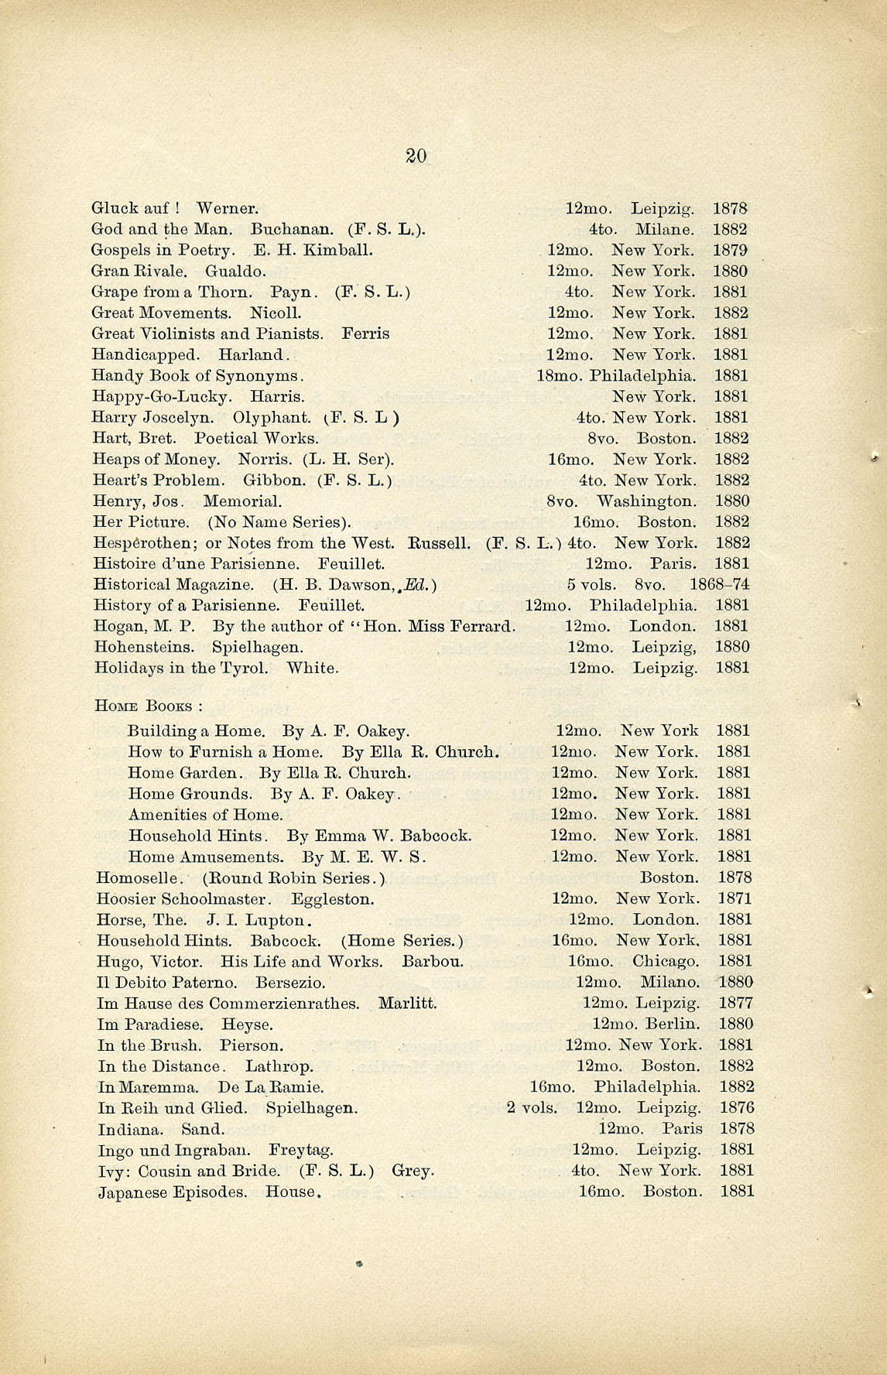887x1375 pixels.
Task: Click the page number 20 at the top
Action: (416, 156)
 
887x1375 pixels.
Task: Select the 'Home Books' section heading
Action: (148, 706)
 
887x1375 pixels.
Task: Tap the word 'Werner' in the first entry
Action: (226, 208)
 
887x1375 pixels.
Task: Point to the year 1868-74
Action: (720, 584)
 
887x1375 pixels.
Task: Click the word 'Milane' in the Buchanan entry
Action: (664, 229)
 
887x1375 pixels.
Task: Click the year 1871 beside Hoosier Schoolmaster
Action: (735, 898)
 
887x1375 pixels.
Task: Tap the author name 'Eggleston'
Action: (333, 898)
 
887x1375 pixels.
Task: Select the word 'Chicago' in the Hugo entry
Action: (666, 961)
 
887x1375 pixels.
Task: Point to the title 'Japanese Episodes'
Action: (173, 1192)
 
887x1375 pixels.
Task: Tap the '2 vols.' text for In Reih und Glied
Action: (532, 1108)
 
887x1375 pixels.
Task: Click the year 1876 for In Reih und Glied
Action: (737, 1108)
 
